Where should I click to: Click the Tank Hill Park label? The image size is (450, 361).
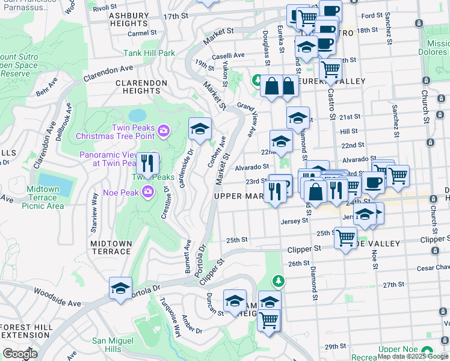point(149,53)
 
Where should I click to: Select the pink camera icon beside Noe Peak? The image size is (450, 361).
point(148,192)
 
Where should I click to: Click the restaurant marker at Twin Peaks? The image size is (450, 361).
point(147,163)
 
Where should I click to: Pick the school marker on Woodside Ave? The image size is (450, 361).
point(120,289)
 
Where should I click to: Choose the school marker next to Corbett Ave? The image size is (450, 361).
point(200,128)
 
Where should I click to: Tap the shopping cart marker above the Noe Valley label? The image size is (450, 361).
point(345,239)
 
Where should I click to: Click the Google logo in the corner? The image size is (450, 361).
point(19,354)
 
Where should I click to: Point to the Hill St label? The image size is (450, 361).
point(348,131)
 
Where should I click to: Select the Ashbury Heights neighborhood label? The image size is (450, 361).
point(120,19)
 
